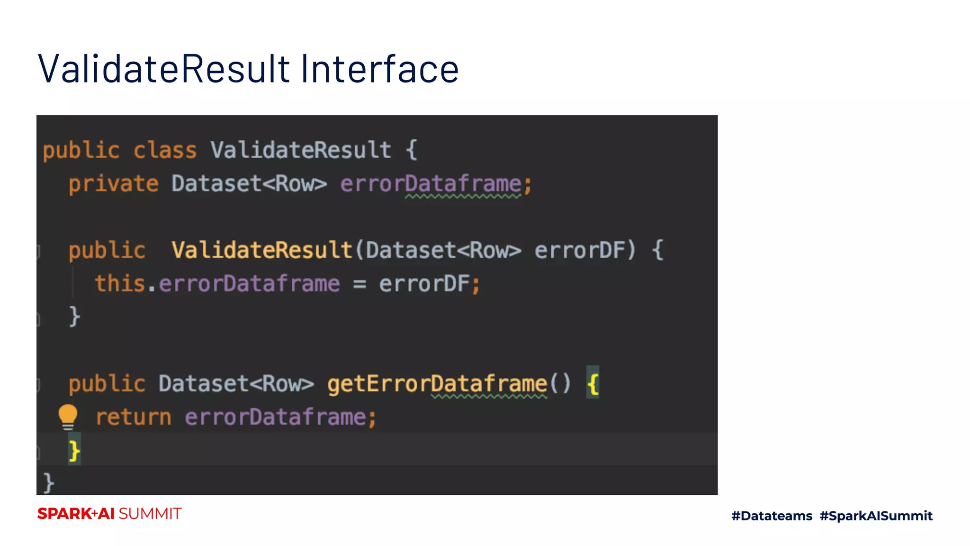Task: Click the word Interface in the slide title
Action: [x=379, y=69]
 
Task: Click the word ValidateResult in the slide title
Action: [x=163, y=69]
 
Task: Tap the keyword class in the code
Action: [x=164, y=151]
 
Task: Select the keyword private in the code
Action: [x=113, y=184]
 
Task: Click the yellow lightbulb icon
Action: [x=68, y=416]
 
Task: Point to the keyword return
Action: [x=133, y=418]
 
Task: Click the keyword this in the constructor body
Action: [x=119, y=283]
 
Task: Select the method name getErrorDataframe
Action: [x=437, y=384]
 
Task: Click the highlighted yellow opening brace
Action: [x=593, y=383]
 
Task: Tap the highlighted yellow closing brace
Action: [x=74, y=450]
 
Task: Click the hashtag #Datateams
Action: [x=772, y=516]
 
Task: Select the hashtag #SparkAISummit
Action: [x=876, y=516]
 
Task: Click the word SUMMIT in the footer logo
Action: [x=150, y=514]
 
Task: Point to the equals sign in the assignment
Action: [x=359, y=284]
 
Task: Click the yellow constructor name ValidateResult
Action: [x=261, y=250]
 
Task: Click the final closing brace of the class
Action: [x=48, y=483]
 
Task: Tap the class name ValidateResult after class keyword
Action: [x=301, y=151]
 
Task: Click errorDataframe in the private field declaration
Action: [x=431, y=184]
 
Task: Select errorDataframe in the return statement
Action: [x=275, y=418]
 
